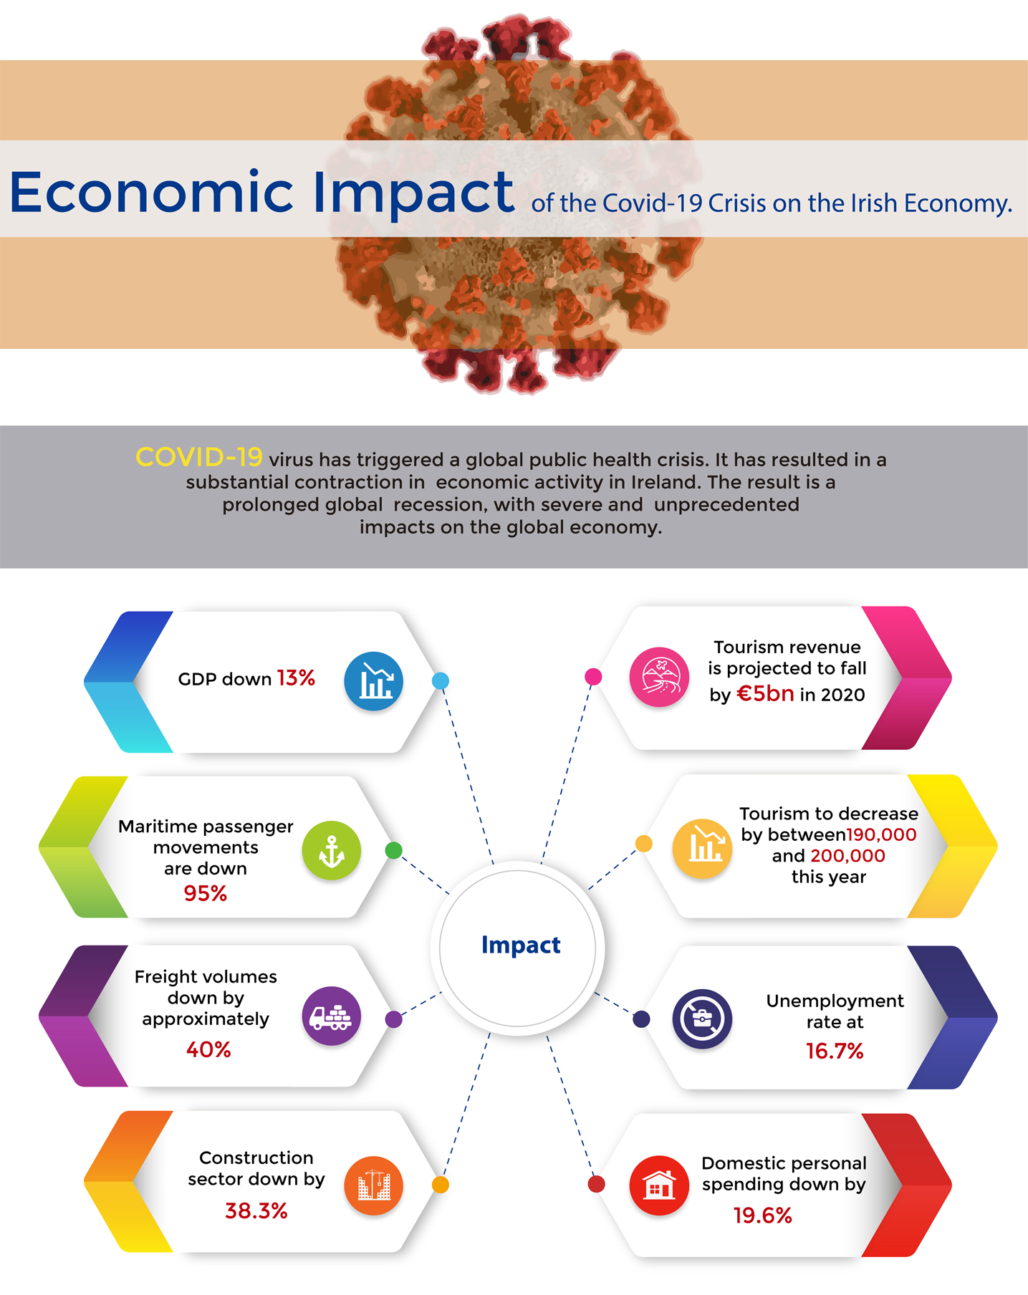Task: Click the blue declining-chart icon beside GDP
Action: (x=373, y=681)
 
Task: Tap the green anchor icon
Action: (x=331, y=851)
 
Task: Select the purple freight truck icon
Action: (x=331, y=1016)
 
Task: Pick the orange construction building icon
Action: (x=373, y=1185)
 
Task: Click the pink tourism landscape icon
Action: (x=659, y=677)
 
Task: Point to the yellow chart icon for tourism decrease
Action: (x=702, y=848)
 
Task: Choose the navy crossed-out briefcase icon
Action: (x=702, y=1019)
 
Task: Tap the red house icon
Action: (x=659, y=1185)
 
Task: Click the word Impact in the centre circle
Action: (x=521, y=945)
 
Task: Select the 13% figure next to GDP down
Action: (x=296, y=678)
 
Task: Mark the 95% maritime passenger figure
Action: (x=206, y=894)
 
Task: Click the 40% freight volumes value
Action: (x=208, y=1050)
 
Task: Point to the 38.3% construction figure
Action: (x=256, y=1211)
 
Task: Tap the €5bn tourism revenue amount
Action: (x=765, y=694)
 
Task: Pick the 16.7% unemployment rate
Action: (x=835, y=1051)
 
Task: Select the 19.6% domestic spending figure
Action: (x=762, y=1215)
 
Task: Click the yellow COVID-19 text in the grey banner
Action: (x=199, y=458)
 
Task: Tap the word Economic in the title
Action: (x=151, y=193)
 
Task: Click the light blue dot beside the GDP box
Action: (x=441, y=681)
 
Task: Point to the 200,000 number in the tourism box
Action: (x=847, y=856)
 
